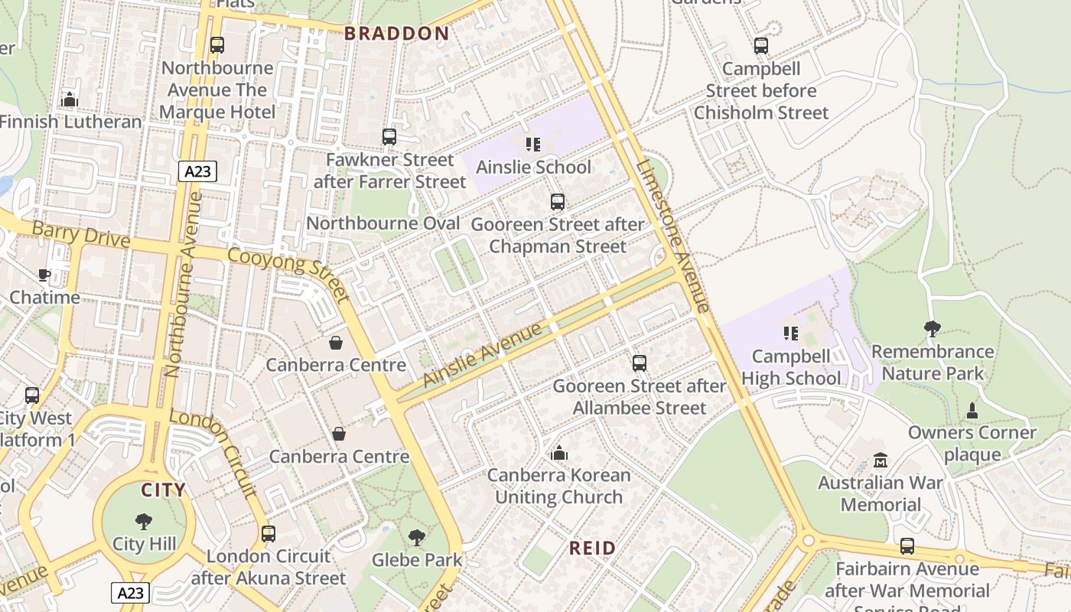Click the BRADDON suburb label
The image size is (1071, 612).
pos(396,33)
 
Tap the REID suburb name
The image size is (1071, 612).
pos(593,548)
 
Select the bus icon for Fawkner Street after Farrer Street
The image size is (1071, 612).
pos(389,137)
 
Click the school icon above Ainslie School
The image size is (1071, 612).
pos(533,144)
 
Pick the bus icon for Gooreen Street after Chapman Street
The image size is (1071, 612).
pos(558,202)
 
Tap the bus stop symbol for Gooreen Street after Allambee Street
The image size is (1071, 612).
pos(640,363)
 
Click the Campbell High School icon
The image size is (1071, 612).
pos(790,334)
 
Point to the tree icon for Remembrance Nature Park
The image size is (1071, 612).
pos(932,329)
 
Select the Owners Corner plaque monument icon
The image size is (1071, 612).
pos(972,411)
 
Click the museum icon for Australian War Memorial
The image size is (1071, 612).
pos(881,461)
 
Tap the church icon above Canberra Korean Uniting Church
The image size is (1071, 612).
pos(559,453)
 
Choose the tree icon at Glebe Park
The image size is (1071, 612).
pos(417,537)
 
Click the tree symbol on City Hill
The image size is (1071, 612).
pos(144,522)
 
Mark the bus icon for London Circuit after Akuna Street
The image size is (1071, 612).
pos(269,533)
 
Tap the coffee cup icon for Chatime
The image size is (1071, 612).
pos(44,275)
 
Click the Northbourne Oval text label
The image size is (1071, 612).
pos(383,223)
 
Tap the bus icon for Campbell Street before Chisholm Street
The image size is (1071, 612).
pos(761,46)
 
